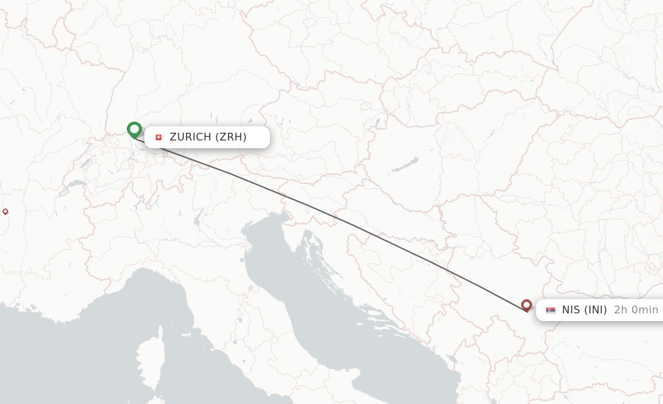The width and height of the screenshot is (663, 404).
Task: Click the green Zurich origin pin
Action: pyautogui.click(x=134, y=130)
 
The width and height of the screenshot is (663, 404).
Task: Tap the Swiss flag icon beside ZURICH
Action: pyautogui.click(x=159, y=137)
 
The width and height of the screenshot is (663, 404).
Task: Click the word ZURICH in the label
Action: pyautogui.click(x=190, y=137)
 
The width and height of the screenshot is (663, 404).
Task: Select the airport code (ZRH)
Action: pyautogui.click(x=230, y=137)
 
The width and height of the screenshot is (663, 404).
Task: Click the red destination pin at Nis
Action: pyautogui.click(x=526, y=305)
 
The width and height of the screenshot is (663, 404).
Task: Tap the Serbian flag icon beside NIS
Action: pyautogui.click(x=550, y=310)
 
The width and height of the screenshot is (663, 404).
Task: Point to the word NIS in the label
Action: pyautogui.click(x=571, y=310)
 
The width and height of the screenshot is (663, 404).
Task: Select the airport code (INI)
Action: pyautogui.click(x=596, y=310)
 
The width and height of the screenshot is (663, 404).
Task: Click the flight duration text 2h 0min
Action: pyautogui.click(x=636, y=310)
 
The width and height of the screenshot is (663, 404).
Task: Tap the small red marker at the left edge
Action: pyautogui.click(x=5, y=211)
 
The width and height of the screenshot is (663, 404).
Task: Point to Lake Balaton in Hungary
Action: pyautogui.click(x=405, y=165)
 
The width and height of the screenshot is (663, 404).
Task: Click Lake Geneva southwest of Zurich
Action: pyautogui.click(x=76, y=185)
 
